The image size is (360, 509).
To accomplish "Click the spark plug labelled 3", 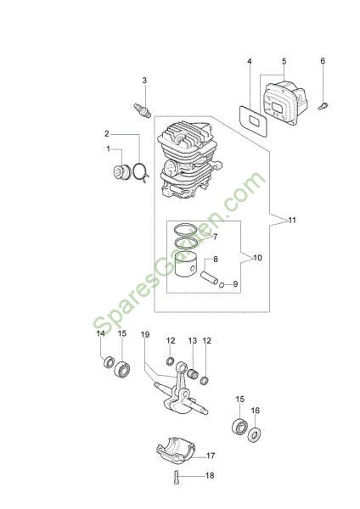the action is [143, 110].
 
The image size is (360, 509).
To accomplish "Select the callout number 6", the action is [323, 61].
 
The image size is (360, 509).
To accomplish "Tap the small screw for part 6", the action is [323, 106].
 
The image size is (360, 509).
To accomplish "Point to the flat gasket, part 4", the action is [253, 120].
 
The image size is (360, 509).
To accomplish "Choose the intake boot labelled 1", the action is [122, 171].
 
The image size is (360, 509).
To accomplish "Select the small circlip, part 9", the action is [222, 285].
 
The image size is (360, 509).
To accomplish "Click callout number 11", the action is [292, 220].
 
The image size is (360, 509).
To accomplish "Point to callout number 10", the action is [257, 258].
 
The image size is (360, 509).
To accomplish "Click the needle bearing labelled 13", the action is [193, 372].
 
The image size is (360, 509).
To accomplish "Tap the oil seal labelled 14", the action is [108, 362].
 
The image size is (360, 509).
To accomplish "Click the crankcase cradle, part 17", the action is [175, 450].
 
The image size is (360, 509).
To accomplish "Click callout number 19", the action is [145, 334].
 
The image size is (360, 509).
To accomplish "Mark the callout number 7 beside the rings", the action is [215, 237].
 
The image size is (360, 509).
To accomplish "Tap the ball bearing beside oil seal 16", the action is [239, 426].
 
